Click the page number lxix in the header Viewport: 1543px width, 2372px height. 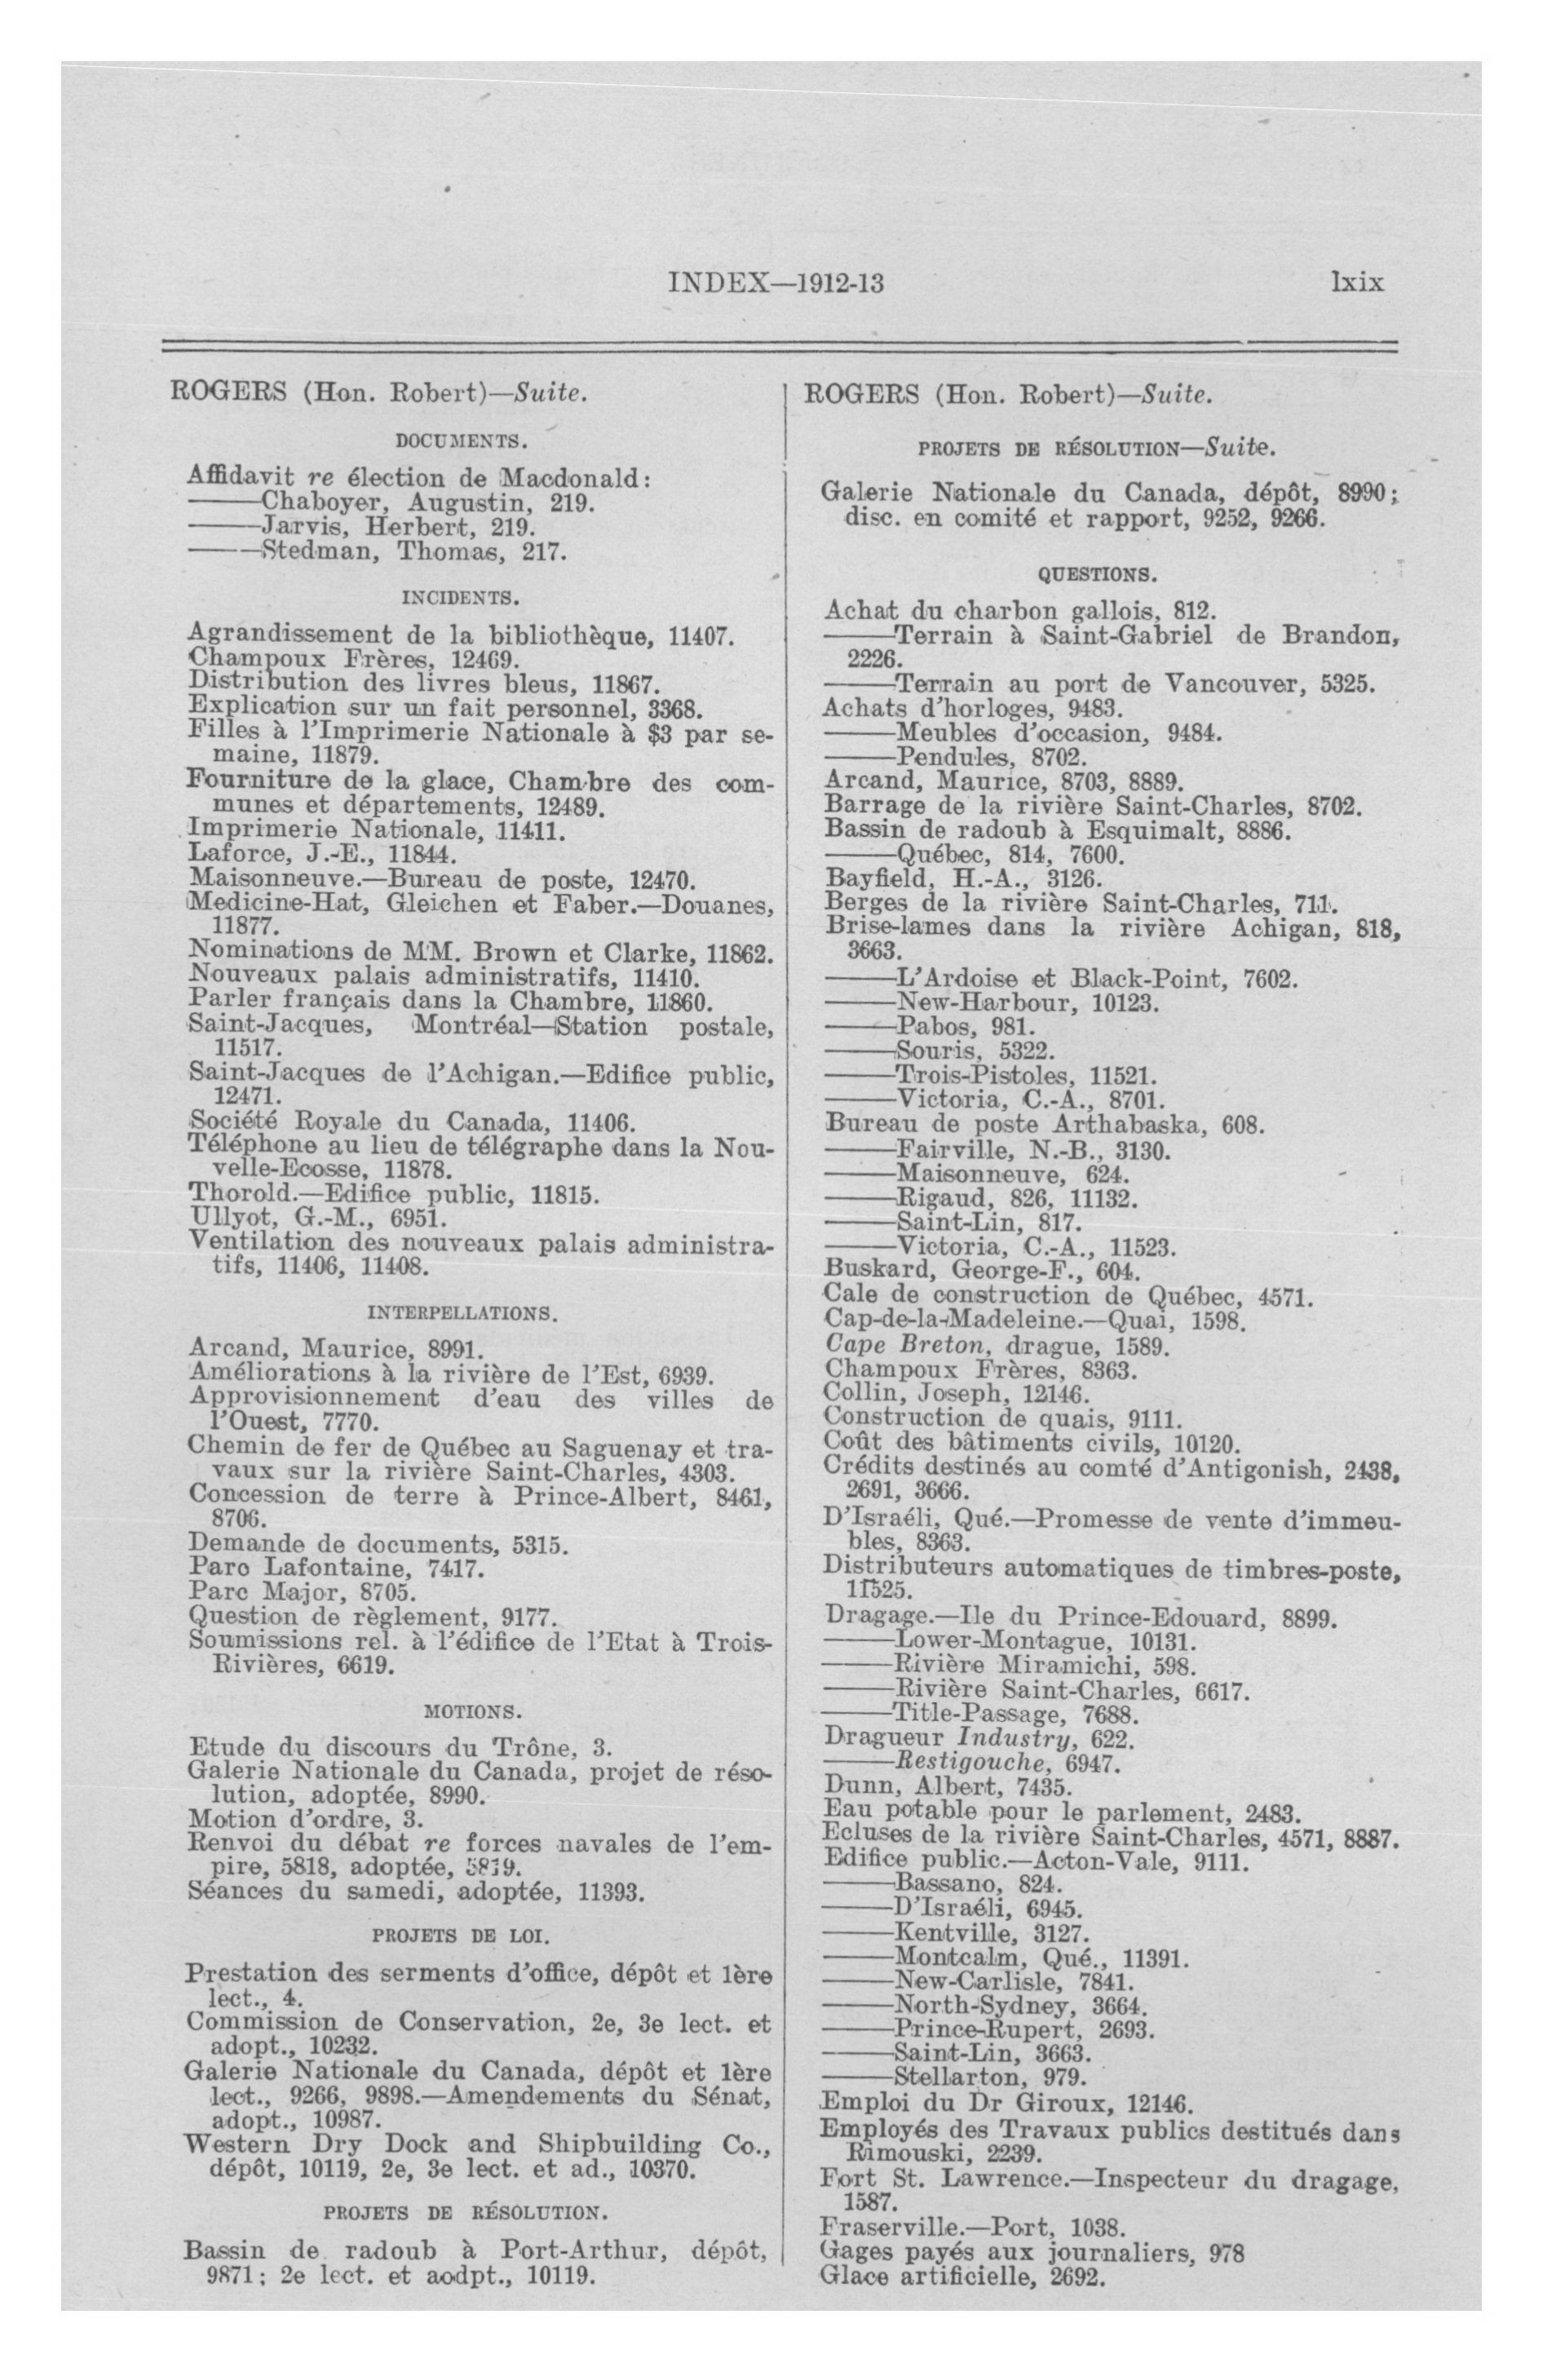pyautogui.click(x=1356, y=283)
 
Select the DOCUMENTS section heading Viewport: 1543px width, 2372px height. pyautogui.click(x=461, y=440)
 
